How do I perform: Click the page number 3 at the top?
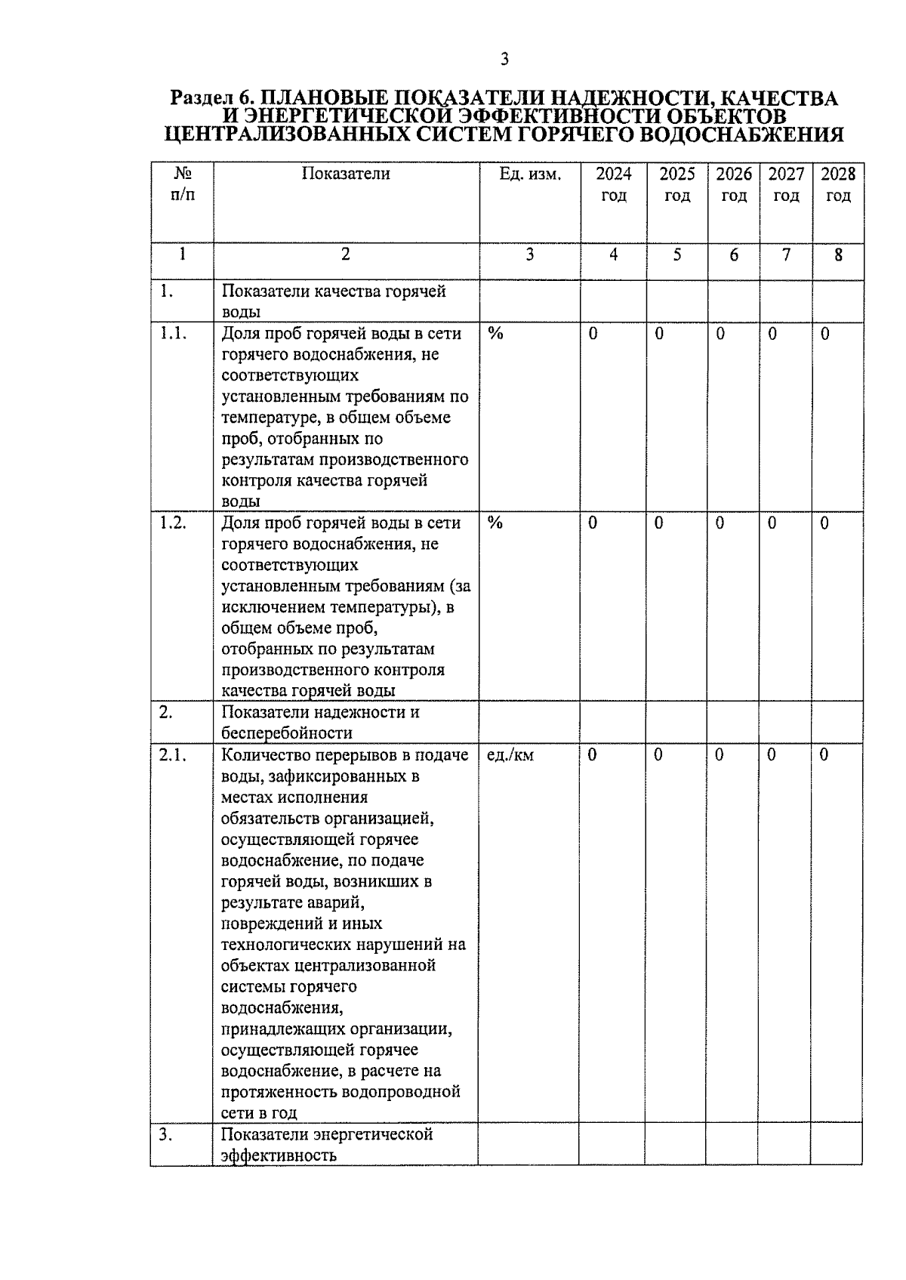pyautogui.click(x=504, y=59)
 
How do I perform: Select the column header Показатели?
pyautogui.click(x=346, y=174)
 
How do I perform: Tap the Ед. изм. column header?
pyautogui.click(x=530, y=174)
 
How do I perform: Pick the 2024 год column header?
pyautogui.click(x=613, y=185)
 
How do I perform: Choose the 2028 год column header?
pyautogui.click(x=838, y=185)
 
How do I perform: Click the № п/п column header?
pyautogui.click(x=182, y=185)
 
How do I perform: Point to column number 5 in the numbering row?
pyautogui.click(x=677, y=255)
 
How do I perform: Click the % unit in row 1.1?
pyautogui.click(x=495, y=334)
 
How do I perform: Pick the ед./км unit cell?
pyautogui.click(x=511, y=755)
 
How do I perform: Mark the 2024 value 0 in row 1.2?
pyautogui.click(x=593, y=523)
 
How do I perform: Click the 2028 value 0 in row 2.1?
pyautogui.click(x=824, y=755)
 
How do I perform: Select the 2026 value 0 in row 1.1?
pyautogui.click(x=720, y=334)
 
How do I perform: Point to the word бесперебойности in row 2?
pyautogui.click(x=286, y=733)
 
